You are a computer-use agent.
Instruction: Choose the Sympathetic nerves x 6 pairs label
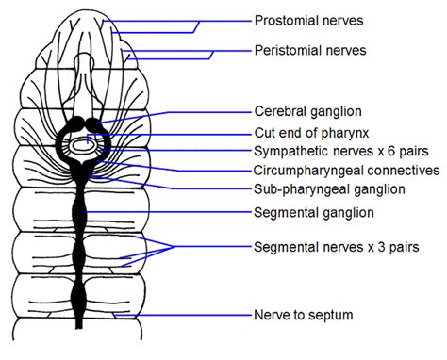point(338,152)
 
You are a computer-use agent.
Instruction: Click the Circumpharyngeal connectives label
point(346,171)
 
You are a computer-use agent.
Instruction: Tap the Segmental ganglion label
point(312,213)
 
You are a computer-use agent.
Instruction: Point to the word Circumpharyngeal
point(308,171)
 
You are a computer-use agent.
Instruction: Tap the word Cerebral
point(282,110)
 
